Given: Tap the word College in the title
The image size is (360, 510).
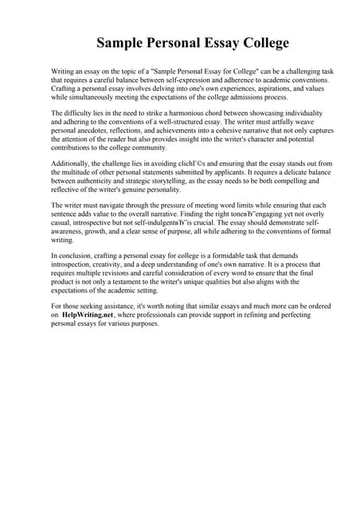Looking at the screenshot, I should [257, 42].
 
